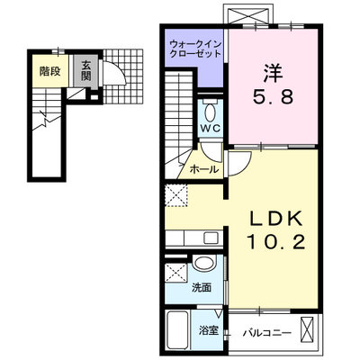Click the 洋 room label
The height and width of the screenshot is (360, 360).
tap(273, 74)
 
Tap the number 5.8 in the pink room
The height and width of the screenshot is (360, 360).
tap(273, 97)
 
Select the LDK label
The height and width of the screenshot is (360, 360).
tap(276, 220)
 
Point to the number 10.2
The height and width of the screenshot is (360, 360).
tap(276, 242)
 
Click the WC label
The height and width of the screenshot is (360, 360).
tap(211, 128)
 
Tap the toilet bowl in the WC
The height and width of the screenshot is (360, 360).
tap(211, 112)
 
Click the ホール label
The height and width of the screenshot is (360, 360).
tap(204, 170)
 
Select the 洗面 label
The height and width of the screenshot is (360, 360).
tap(202, 288)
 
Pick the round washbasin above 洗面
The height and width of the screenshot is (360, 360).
tap(205, 263)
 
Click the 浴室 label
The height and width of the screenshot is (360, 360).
tap(209, 330)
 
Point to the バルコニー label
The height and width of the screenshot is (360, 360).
tap(267, 332)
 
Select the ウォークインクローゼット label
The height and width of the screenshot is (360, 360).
tap(195, 49)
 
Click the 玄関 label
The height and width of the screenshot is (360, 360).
tap(85, 71)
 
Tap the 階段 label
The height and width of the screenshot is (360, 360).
tap(50, 71)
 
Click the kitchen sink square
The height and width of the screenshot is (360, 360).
tap(211, 238)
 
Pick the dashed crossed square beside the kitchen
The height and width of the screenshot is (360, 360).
tap(176, 195)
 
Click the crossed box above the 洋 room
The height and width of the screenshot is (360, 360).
tap(248, 14)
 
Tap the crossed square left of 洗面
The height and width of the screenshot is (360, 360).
tap(176, 272)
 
